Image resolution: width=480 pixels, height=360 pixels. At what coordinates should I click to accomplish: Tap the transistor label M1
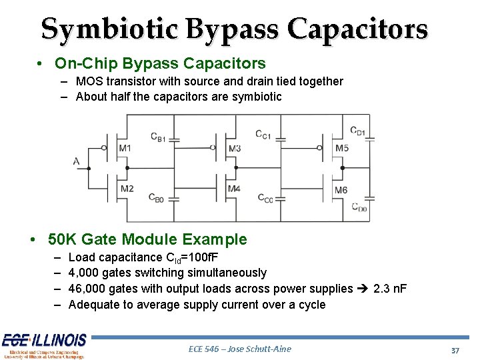(x=125, y=148)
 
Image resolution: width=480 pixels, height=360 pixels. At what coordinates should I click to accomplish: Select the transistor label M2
(x=127, y=189)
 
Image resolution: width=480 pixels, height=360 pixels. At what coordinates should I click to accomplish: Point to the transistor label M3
(x=234, y=148)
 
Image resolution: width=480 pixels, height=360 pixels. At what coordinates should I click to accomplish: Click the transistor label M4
(x=233, y=189)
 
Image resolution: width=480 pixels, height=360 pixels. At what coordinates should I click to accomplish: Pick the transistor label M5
(x=341, y=148)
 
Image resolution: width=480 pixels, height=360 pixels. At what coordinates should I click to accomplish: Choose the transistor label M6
(x=341, y=190)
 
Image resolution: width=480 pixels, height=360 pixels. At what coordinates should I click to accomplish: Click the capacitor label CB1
(x=157, y=137)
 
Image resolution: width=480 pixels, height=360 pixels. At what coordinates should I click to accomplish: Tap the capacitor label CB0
(x=157, y=198)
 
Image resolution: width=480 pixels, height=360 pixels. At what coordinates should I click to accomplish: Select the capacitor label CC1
(x=263, y=135)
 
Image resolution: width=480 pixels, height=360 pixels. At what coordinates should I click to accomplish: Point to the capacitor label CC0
(x=265, y=198)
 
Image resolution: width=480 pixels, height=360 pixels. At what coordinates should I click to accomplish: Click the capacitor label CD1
(x=357, y=130)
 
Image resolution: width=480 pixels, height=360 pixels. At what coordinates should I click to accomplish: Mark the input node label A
(x=77, y=161)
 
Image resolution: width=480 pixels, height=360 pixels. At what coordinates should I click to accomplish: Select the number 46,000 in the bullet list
(x=87, y=289)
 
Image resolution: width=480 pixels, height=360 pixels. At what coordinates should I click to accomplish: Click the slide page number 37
(x=455, y=351)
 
